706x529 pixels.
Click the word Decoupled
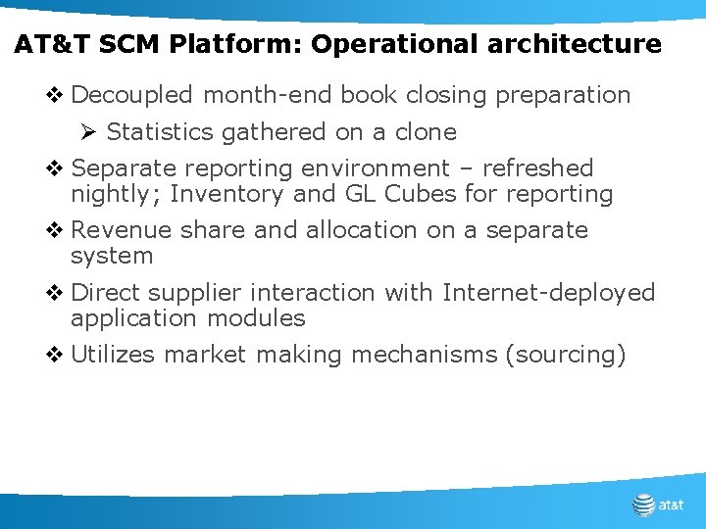pos(133,95)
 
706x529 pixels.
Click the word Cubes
pos(421,194)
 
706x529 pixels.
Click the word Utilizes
pos(113,355)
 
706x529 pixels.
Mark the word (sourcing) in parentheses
pos(565,355)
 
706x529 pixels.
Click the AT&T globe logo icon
pos(643,505)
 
